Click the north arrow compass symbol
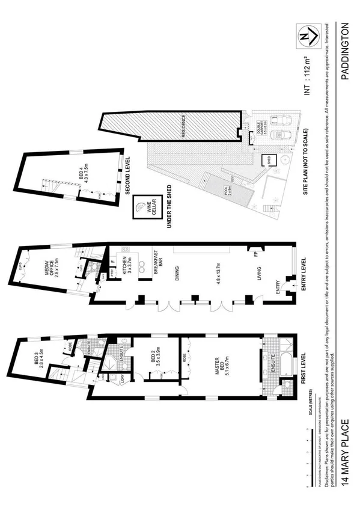pyautogui.click(x=308, y=35)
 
